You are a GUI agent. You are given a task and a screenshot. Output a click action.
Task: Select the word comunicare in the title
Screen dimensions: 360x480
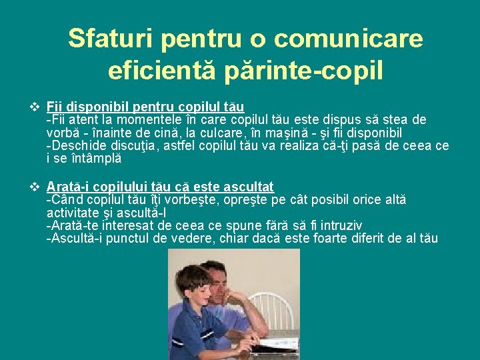coord(348,39)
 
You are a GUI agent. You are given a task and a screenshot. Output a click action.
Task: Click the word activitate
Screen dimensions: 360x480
coord(71,213)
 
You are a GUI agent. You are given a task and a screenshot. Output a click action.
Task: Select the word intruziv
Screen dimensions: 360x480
coord(339,225)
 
